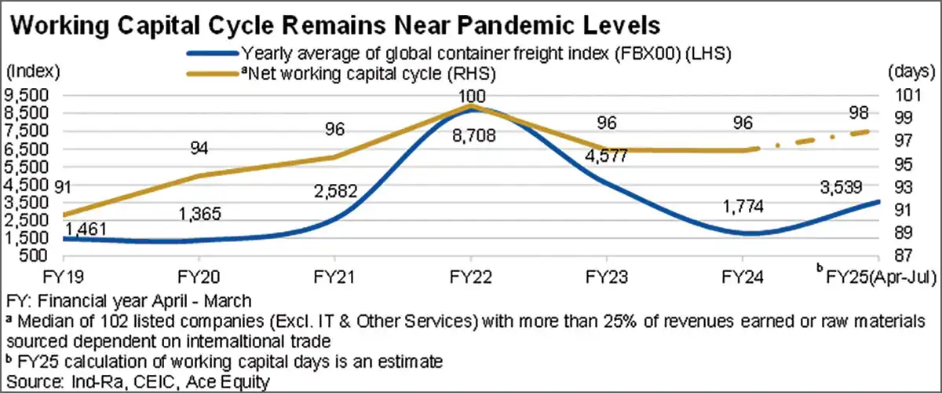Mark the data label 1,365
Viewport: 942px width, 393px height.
199,213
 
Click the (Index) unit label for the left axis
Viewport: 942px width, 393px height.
32,72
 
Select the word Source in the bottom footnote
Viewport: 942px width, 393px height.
27,380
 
